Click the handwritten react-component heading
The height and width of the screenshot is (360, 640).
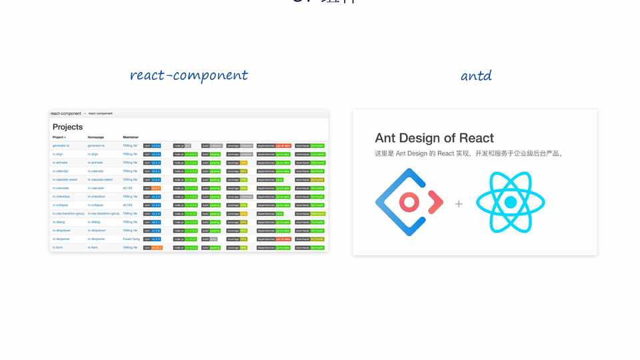[189, 75]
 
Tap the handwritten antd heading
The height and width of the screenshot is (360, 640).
[476, 75]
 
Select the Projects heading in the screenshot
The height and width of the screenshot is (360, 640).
[68, 127]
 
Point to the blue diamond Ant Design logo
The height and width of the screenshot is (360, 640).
[409, 202]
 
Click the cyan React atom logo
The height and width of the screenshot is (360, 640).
[511, 202]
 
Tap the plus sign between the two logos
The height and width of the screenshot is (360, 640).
[459, 203]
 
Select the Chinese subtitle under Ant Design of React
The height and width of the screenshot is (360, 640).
[469, 153]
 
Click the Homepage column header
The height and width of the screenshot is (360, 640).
[96, 137]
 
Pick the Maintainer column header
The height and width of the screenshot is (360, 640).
[131, 137]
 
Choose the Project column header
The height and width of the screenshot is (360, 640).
[59, 137]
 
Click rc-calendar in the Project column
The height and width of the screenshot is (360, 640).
[61, 171]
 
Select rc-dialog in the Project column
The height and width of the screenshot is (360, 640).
[59, 222]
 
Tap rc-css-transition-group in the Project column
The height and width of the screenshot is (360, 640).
[69, 213]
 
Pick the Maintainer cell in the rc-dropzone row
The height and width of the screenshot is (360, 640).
[131, 239]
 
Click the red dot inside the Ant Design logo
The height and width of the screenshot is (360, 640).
[408, 202]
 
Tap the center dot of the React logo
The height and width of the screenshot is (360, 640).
[511, 202]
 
